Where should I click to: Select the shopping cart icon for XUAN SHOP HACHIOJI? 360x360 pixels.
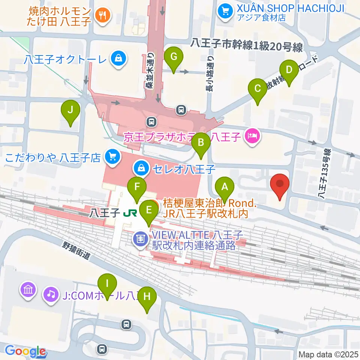coord(225,11)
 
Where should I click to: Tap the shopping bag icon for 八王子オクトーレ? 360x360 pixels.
coord(118,58)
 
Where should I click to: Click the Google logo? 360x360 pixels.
coord(25,351)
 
